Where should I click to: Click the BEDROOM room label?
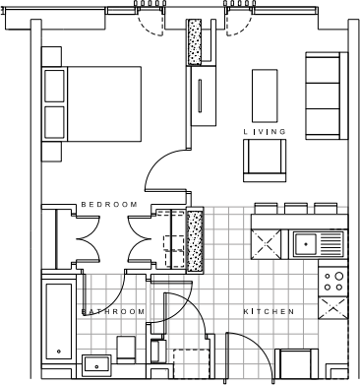coord(109,204)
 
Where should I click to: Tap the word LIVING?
coord(265,131)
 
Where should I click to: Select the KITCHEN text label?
coord(269,311)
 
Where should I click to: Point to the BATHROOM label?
coord(112,311)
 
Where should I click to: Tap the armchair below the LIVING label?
coord(265,157)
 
